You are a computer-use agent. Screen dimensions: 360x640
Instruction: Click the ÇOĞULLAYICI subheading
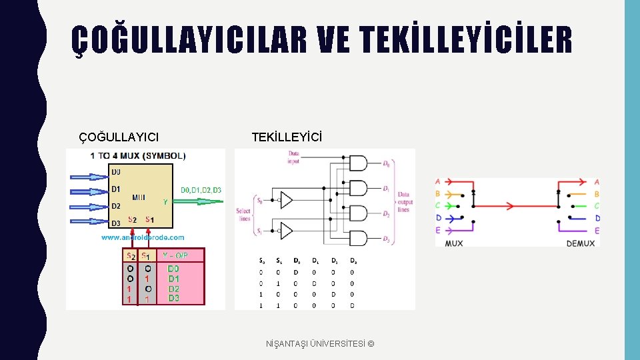click(119, 137)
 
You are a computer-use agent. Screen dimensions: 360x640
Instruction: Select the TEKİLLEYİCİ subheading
click(287, 137)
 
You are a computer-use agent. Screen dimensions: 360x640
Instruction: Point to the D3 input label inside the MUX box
click(117, 223)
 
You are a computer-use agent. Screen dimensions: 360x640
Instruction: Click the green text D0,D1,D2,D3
click(201, 190)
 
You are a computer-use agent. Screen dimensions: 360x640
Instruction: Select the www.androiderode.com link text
click(143, 237)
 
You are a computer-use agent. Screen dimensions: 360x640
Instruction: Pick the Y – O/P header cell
click(175, 255)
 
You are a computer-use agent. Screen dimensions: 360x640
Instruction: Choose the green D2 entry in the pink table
click(173, 289)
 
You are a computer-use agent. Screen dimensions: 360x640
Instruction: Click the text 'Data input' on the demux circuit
click(293, 157)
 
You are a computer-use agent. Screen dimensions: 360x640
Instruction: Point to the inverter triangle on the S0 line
click(286, 199)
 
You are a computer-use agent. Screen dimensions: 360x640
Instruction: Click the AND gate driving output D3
click(358, 237)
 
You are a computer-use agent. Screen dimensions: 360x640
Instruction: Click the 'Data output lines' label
click(404, 202)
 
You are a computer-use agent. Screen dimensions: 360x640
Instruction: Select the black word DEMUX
click(580, 243)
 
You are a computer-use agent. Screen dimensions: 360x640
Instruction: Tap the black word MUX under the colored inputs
click(453, 243)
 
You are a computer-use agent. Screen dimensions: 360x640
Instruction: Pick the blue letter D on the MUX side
click(439, 217)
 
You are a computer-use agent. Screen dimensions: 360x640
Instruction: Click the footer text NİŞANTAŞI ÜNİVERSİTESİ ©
click(320, 343)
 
